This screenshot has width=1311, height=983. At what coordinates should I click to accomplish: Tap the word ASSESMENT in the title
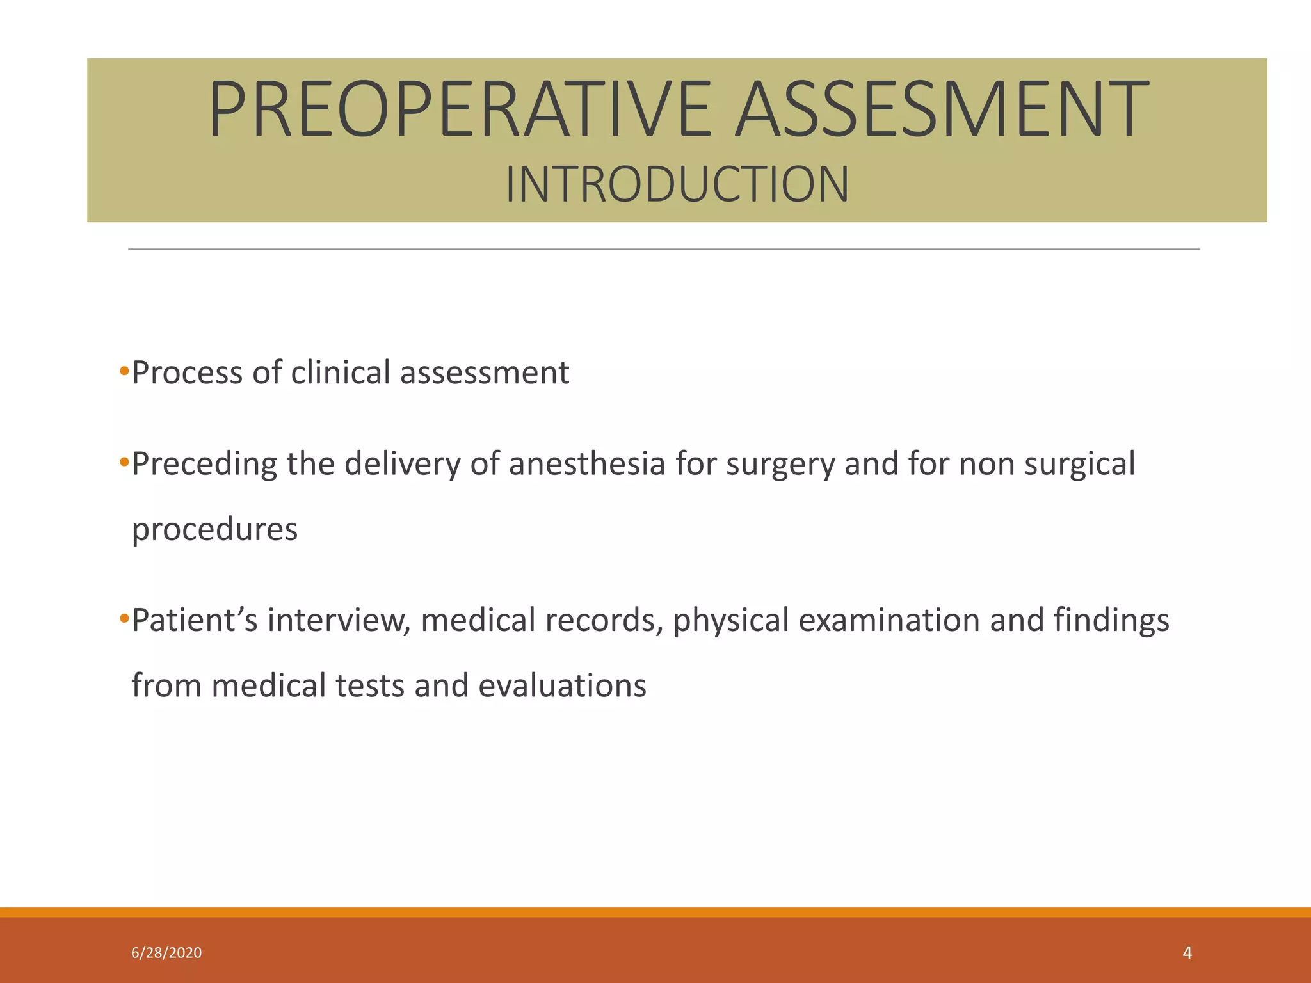[x=941, y=109]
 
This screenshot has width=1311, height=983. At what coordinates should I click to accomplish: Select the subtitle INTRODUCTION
[x=677, y=185]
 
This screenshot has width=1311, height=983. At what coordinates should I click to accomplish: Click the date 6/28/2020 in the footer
[x=166, y=953]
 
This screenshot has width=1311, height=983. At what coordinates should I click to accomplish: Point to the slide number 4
[x=1187, y=953]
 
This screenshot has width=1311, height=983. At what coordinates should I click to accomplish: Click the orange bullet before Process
[x=124, y=370]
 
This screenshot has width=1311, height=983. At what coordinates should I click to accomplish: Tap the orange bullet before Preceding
[x=124, y=461]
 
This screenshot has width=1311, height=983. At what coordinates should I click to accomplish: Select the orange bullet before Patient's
[x=124, y=618]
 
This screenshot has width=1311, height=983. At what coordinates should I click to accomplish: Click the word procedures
[x=214, y=530]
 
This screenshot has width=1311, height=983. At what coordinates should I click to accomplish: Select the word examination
[x=889, y=620]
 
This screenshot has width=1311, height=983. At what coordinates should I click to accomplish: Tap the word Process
[x=187, y=372]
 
